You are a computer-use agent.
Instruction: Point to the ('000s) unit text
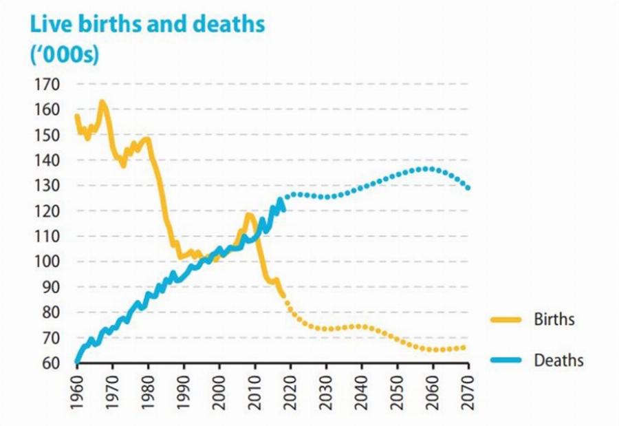(64, 55)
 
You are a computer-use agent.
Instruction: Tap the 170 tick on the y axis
(50, 85)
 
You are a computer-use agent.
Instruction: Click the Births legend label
(554, 319)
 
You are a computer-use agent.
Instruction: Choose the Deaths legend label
(558, 360)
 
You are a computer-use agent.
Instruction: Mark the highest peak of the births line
(102, 103)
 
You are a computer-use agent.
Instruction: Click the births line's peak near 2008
(248, 216)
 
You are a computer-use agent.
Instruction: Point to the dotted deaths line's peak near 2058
(427, 168)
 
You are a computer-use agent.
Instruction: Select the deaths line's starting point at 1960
(77, 360)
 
